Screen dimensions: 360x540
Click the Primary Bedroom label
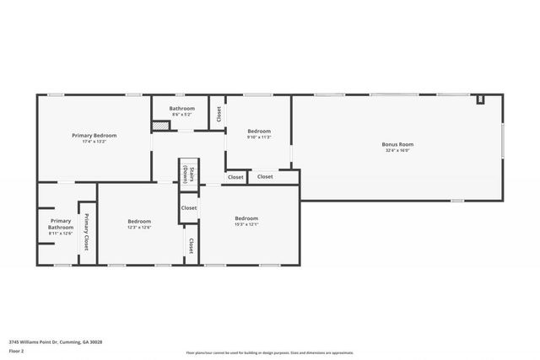(x=94, y=135)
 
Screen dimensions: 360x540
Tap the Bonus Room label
(x=397, y=144)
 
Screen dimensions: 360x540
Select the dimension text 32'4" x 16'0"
(x=397, y=151)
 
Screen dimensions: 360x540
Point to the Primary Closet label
(x=85, y=231)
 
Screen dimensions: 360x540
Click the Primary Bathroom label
(x=61, y=224)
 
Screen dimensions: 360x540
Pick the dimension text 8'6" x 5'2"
(x=181, y=115)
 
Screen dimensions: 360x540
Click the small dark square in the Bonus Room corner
(x=481, y=100)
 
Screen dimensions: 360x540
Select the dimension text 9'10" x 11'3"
(x=259, y=137)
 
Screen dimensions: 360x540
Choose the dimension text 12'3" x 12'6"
(x=139, y=228)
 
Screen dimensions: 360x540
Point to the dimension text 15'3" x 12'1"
(x=246, y=224)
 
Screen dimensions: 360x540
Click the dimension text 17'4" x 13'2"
(x=94, y=142)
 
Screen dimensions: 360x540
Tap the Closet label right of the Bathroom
(x=218, y=112)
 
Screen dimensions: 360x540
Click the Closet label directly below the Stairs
(x=189, y=207)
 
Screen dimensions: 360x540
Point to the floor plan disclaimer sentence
(x=270, y=353)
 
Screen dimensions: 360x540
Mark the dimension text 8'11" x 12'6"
(x=61, y=234)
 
